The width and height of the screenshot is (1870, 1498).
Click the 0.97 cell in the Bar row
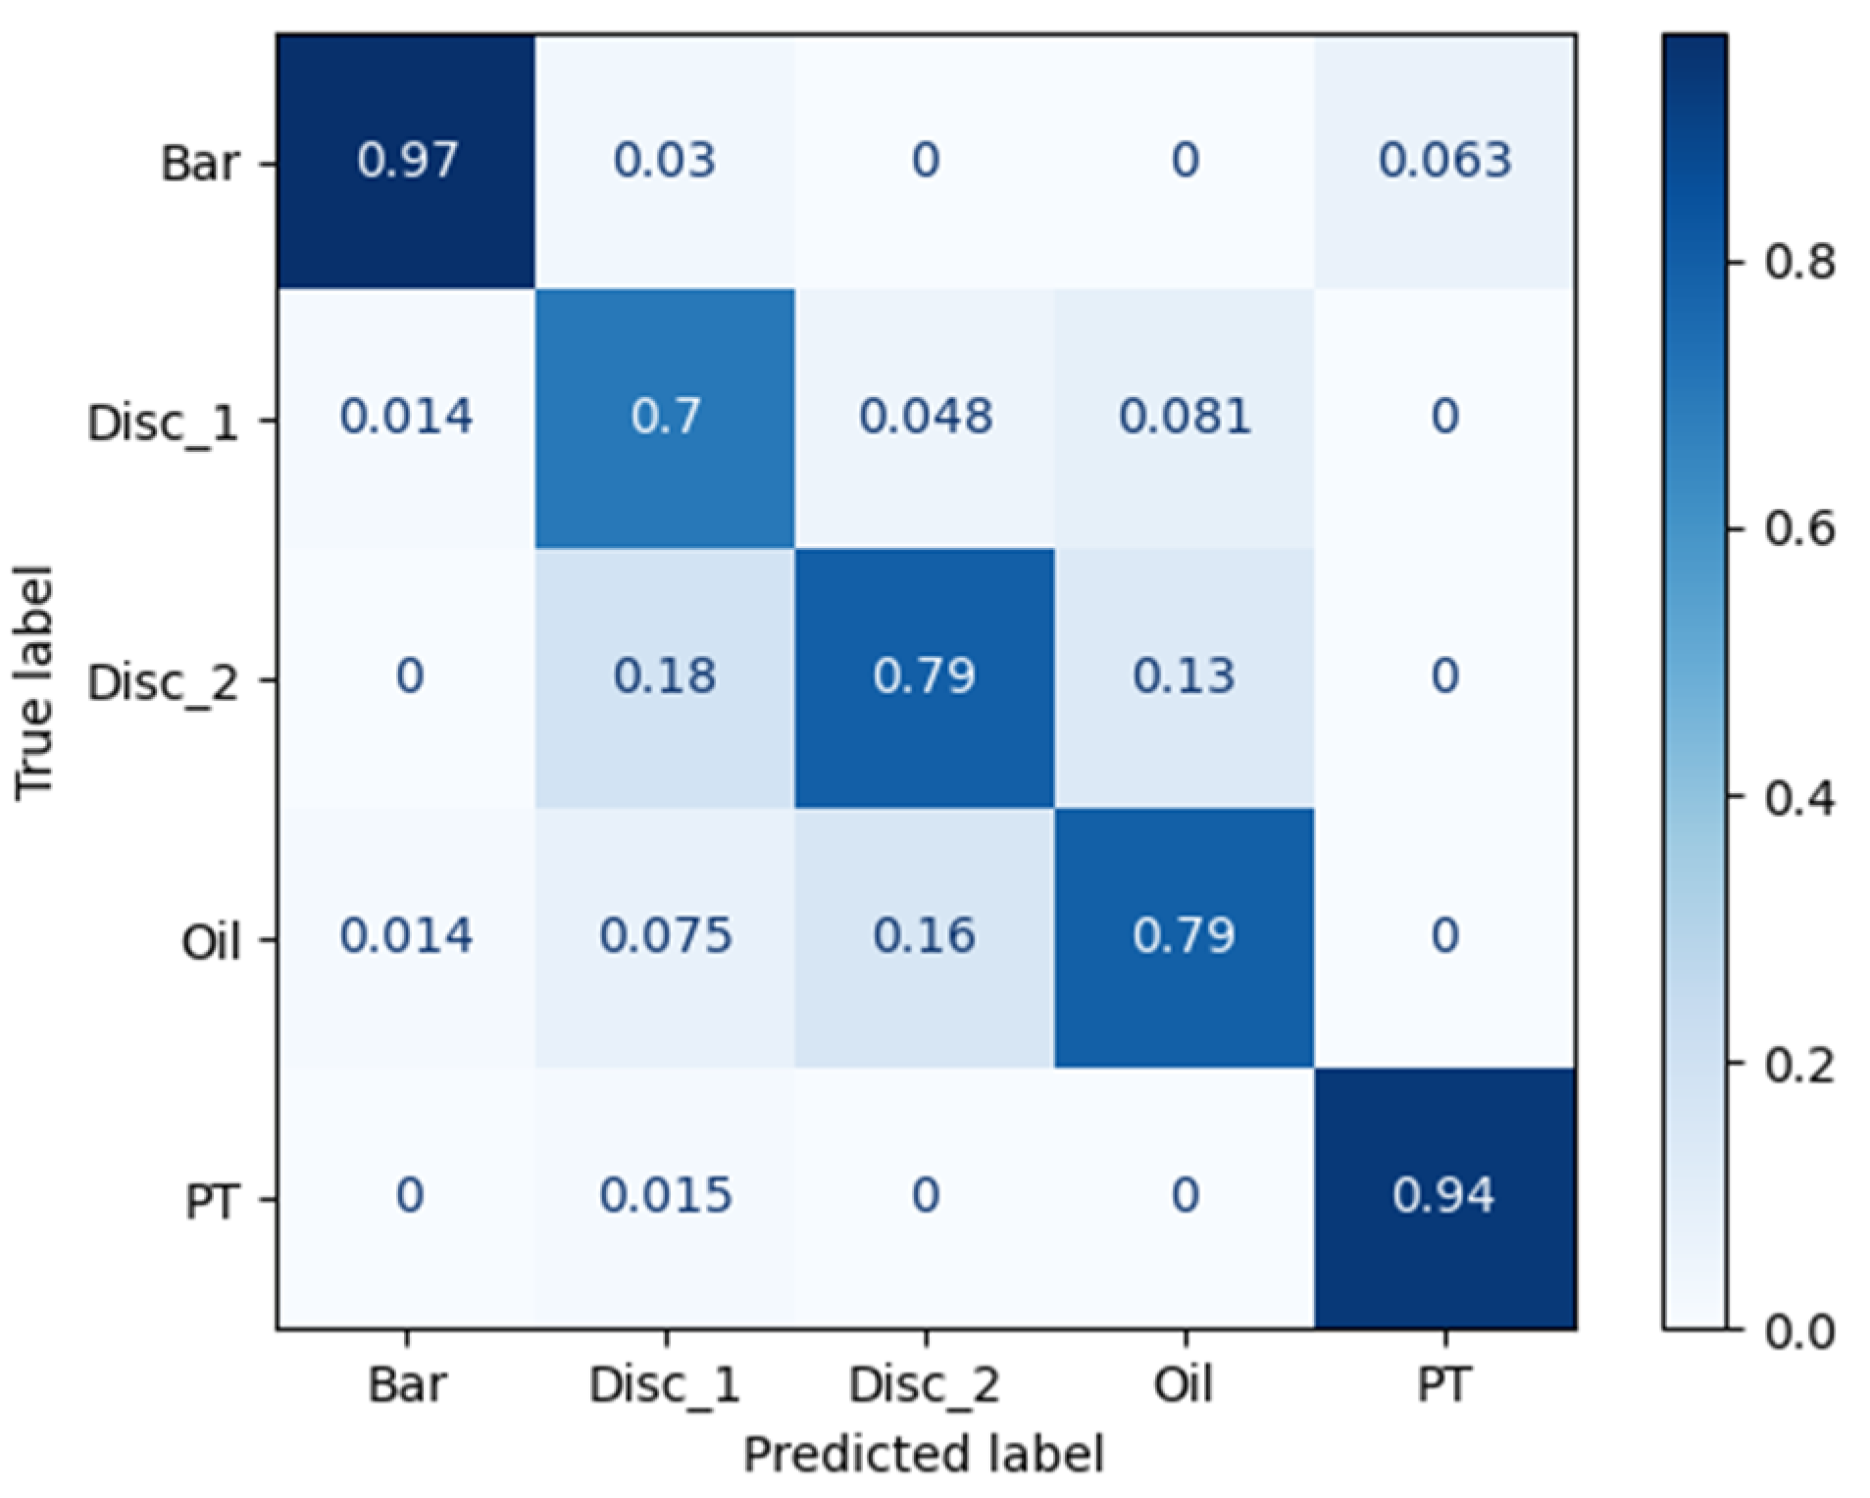(x=406, y=160)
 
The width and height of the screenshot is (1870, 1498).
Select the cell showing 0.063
(x=1444, y=160)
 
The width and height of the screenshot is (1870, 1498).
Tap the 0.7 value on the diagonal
(x=665, y=417)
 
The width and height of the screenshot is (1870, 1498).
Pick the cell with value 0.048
(x=925, y=417)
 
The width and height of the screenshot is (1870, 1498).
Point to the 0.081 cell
(x=1185, y=417)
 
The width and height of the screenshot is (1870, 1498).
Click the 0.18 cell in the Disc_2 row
(x=665, y=676)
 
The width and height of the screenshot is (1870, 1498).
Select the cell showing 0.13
(x=1185, y=676)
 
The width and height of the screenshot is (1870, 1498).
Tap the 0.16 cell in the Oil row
(x=925, y=935)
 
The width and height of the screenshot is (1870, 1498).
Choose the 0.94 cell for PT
(x=1444, y=1195)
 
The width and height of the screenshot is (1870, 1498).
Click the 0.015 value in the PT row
(x=665, y=1195)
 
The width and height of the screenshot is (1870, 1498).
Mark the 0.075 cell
(x=665, y=935)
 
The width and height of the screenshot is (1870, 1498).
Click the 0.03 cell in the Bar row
(x=665, y=160)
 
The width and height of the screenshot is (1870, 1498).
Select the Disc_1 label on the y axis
(x=163, y=423)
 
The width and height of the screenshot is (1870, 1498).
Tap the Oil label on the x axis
(x=1184, y=1385)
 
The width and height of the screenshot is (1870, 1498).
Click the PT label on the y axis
(x=212, y=1200)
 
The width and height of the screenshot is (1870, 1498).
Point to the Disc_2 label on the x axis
(x=924, y=1385)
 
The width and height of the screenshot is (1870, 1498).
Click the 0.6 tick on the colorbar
(x=1799, y=529)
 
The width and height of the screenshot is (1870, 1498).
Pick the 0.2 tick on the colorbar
(x=1799, y=1064)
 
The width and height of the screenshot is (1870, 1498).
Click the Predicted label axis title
(x=924, y=1454)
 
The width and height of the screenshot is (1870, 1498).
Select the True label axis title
(x=34, y=682)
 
